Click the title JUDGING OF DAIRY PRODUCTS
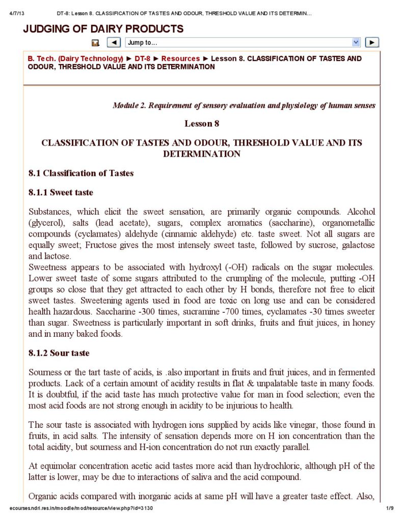click(x=103, y=29)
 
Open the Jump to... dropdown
click(x=243, y=43)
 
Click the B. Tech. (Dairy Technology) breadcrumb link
click(x=75, y=59)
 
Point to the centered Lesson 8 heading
click(x=202, y=123)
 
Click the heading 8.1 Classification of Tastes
click(x=81, y=173)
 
